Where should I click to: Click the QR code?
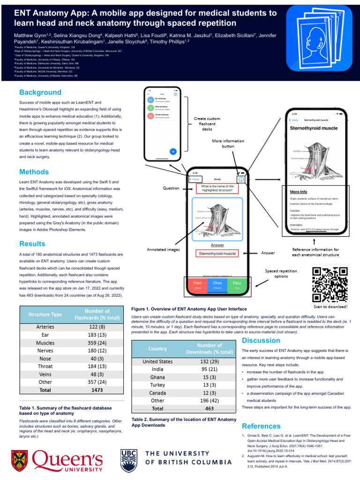coord(330,285)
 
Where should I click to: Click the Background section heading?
coord(40,92)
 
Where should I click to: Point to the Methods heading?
coord(34,172)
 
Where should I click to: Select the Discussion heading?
coord(261,340)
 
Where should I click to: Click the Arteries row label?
coord(45,326)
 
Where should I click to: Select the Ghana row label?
coord(157,377)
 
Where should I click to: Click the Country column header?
coord(157,349)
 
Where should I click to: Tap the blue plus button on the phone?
coord(173,151)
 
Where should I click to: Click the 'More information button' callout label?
coord(228,143)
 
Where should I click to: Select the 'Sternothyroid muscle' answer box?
coord(217,254)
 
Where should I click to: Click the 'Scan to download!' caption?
coord(330,307)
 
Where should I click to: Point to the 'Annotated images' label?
coord(164,250)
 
